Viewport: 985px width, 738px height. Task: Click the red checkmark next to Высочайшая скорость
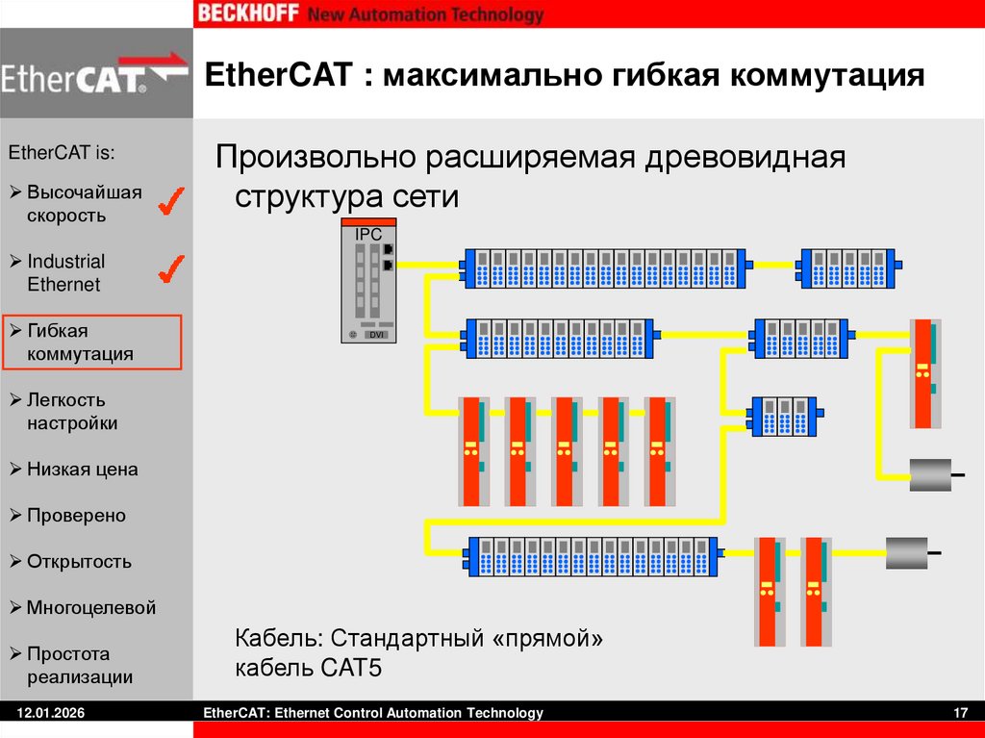point(170,201)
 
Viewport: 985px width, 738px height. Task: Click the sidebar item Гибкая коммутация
point(80,343)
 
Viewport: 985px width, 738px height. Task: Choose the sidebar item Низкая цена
point(82,470)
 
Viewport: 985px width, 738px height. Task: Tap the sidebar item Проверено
point(76,516)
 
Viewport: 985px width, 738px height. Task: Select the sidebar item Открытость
point(79,562)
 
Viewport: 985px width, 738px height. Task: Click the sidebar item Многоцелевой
point(90,608)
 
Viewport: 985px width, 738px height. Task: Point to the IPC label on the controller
point(368,235)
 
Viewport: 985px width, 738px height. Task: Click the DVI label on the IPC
point(378,334)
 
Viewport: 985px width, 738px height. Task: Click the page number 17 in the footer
point(959,713)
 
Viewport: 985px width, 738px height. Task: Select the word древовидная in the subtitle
point(745,157)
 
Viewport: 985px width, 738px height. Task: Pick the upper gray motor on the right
point(930,474)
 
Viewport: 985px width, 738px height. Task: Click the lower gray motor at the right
point(906,553)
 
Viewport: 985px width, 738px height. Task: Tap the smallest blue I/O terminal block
point(783,417)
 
